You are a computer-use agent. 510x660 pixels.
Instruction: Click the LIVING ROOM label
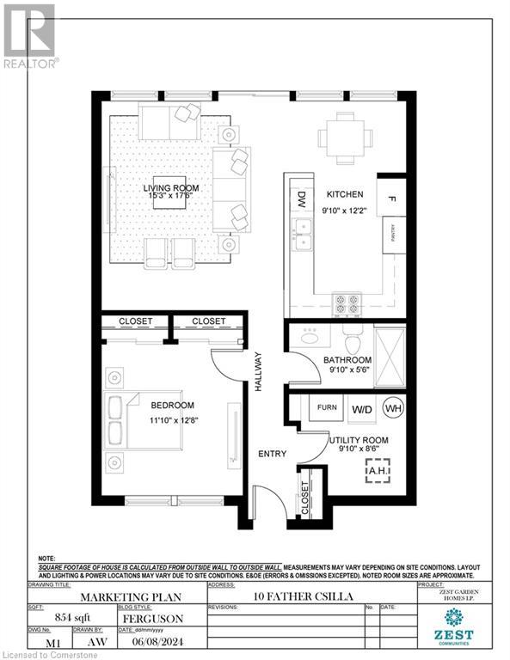coord(171,187)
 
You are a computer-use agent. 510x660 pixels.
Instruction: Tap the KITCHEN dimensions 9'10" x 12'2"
coord(344,209)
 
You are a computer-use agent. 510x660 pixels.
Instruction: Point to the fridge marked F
coord(392,200)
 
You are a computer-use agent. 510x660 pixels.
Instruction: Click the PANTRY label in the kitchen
coord(393,234)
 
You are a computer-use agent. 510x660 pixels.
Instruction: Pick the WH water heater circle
coord(393,408)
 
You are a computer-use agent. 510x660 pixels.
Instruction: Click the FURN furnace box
coord(327,407)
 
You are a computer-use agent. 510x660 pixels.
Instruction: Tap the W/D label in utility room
coord(361,409)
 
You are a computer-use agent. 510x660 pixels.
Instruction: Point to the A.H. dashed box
coord(378,470)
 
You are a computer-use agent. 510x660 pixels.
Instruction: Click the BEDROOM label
coord(173,406)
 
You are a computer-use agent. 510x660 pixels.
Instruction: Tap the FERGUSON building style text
coord(157,617)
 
